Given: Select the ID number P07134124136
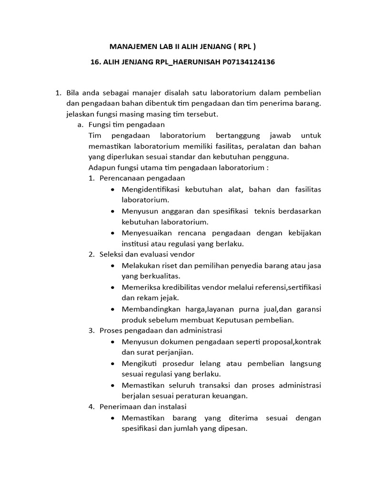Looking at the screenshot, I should coord(248,62).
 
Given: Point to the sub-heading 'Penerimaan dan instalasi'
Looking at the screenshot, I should coord(143,407).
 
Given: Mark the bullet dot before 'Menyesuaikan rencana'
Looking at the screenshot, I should coord(112,233).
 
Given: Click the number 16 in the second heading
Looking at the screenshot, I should coord(95,62).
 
